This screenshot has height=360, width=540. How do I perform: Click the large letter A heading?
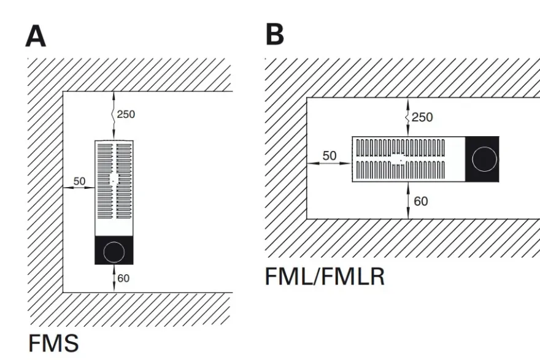coord(36,36)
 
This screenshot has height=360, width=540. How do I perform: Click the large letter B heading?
coord(275,34)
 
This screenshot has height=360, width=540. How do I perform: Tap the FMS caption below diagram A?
coord(53,343)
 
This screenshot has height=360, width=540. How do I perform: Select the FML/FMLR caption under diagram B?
coord(325,277)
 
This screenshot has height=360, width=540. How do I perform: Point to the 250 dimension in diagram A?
coord(126,114)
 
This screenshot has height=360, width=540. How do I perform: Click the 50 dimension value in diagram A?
coord(79,181)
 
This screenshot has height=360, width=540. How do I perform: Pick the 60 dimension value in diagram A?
coord(123,278)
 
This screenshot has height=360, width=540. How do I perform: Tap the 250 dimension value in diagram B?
coord(422,117)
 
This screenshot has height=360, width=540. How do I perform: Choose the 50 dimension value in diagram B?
coord(330,156)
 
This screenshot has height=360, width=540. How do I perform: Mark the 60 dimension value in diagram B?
coord(420,201)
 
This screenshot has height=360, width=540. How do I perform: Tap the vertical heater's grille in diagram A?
coord(114,181)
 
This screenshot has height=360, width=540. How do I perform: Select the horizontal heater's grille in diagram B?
coord(400,159)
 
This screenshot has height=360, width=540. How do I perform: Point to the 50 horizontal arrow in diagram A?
coord(79,188)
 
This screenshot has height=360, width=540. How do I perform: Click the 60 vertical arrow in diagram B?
coord(408,201)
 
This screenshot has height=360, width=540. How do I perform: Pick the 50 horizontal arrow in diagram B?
coord(330,163)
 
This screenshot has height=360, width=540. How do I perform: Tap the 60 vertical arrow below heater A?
coord(114,278)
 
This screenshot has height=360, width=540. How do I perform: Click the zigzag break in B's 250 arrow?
coord(407,118)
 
